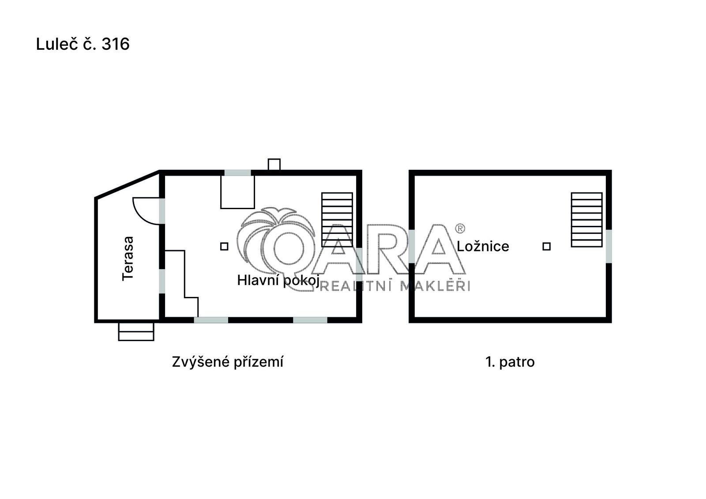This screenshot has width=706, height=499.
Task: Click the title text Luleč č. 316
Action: pyautogui.click(x=83, y=44)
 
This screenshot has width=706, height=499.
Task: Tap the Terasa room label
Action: pyautogui.click(x=128, y=259)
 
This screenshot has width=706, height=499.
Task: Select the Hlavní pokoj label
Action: pyautogui.click(x=278, y=280)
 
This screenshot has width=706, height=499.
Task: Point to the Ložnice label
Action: pyautogui.click(x=483, y=246)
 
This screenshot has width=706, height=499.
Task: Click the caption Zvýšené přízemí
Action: pyautogui.click(x=228, y=361)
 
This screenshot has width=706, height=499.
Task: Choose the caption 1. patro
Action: pyautogui.click(x=510, y=362)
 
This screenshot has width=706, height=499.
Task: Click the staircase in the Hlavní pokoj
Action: pyautogui.click(x=337, y=220)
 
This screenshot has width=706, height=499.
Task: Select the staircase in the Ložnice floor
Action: pyautogui.click(x=586, y=220)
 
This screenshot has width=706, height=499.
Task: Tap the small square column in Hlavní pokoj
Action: pyautogui.click(x=224, y=246)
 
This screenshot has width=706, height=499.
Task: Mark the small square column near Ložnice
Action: pyautogui.click(x=547, y=246)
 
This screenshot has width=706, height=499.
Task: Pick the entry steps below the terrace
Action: pyautogui.click(x=136, y=332)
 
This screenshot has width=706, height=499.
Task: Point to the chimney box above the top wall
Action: pyautogui.click(x=274, y=165)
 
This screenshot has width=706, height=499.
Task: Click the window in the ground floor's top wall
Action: pyautogui.click(x=238, y=173)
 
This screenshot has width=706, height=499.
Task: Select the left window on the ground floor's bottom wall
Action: pyautogui.click(x=211, y=320)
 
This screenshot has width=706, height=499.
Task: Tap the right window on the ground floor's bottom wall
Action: pyautogui.click(x=310, y=320)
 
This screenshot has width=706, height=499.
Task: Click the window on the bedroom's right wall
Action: pyautogui.click(x=609, y=246)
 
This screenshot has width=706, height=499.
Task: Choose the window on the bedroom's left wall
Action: pyautogui.click(x=412, y=246)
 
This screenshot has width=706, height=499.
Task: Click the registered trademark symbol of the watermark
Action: pyautogui.click(x=460, y=228)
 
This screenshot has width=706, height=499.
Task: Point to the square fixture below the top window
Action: pyautogui.click(x=238, y=192)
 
